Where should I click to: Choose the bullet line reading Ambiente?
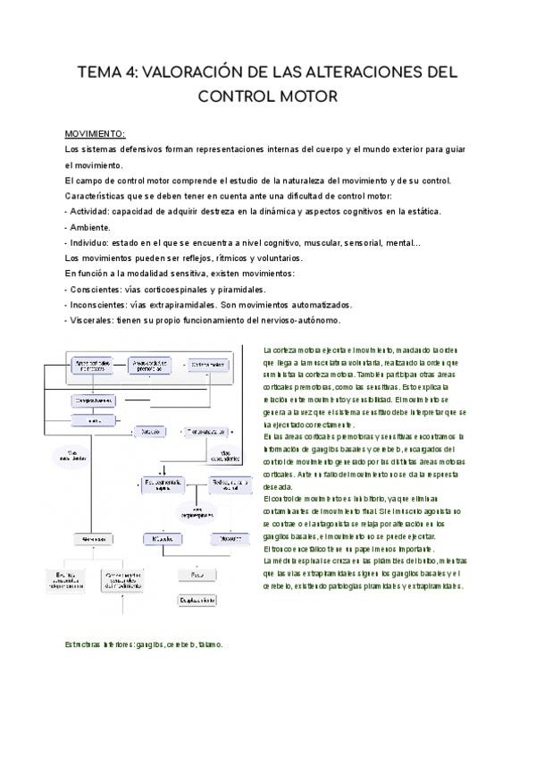click(x=89, y=227)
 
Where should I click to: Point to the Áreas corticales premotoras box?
click(x=155, y=365)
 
